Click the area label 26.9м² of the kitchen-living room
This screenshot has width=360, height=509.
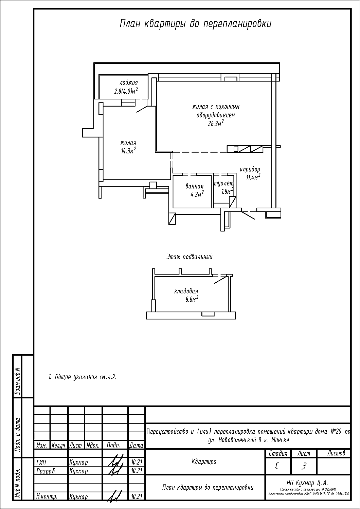(216, 123)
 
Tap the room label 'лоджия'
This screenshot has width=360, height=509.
(129, 83)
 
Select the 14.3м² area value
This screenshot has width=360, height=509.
(128, 151)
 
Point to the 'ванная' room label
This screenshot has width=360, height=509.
(194, 186)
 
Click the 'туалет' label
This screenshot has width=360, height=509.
(223, 183)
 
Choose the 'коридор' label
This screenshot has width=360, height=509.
(250, 169)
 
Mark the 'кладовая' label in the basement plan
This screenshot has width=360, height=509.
(186, 291)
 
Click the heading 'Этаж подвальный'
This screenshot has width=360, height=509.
(189, 257)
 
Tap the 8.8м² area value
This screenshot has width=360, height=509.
(192, 299)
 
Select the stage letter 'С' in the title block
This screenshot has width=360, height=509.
(277, 467)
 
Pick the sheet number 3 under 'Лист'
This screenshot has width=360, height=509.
(304, 467)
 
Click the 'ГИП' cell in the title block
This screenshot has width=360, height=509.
(41, 463)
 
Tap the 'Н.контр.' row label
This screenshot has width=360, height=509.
(46, 496)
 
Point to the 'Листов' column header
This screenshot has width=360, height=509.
(336, 453)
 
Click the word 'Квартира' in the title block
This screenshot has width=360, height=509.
(204, 461)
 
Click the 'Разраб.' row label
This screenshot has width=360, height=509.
(46, 471)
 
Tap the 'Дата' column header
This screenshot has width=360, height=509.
(136, 445)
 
